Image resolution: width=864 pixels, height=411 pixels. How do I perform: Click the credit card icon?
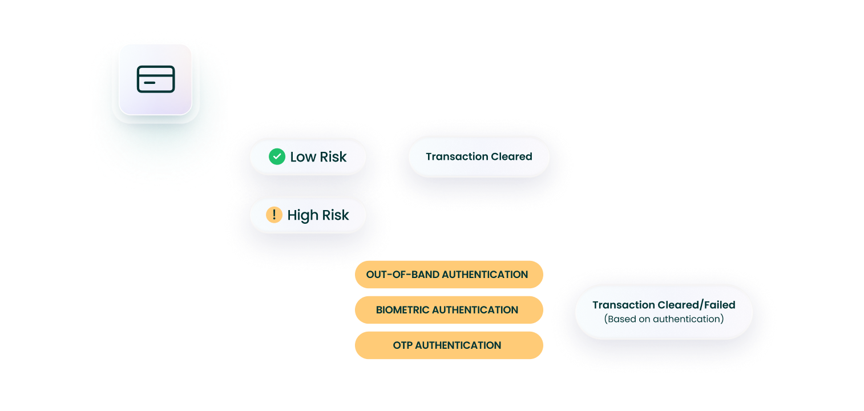tap(156, 79)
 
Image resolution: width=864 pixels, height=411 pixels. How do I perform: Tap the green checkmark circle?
tap(277, 156)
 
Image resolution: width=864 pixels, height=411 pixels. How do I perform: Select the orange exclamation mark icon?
tap(274, 215)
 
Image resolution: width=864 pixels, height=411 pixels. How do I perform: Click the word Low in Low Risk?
tap(303, 156)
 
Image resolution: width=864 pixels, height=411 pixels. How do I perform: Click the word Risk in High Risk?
tap(336, 215)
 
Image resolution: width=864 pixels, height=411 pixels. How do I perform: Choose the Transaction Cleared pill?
tap(479, 156)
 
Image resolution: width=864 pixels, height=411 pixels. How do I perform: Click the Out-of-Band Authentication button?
tap(449, 275)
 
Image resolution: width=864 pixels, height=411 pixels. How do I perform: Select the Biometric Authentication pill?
tap(449, 310)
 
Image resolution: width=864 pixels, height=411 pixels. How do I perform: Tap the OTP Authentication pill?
tap(449, 345)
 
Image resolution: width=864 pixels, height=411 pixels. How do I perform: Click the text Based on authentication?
tap(664, 319)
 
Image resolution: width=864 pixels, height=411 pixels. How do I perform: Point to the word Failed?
tap(720, 305)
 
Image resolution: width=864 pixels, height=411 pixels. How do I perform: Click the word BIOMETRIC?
tap(402, 310)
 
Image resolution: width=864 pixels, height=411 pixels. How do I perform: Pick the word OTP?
tap(403, 345)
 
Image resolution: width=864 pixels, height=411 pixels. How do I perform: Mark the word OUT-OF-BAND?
tap(403, 275)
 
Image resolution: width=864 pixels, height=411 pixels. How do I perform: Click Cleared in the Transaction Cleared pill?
tap(511, 156)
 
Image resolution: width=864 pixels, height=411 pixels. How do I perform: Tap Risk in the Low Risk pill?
tap(333, 156)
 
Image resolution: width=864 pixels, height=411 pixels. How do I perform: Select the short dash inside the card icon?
tap(150, 83)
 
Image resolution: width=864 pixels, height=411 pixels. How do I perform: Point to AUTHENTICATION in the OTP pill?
tap(458, 345)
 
